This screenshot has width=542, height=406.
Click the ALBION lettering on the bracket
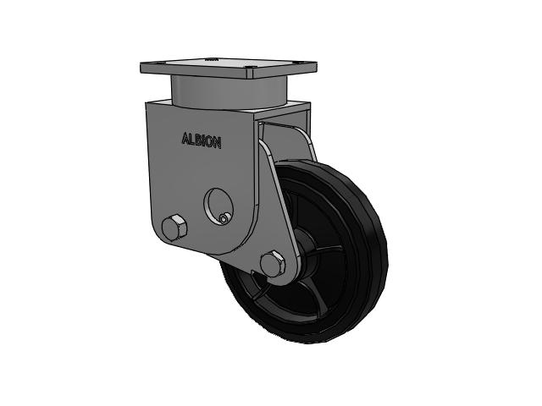pyautogui.click(x=202, y=141)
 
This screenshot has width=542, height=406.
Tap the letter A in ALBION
pyautogui.click(x=185, y=139)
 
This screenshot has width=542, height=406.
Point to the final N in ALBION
pyautogui.click(x=218, y=143)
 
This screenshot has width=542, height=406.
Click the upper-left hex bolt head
pyautogui.click(x=174, y=227)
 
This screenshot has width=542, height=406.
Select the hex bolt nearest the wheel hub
pyautogui.click(x=273, y=264)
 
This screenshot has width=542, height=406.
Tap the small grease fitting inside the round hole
pyautogui.click(x=224, y=218)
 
